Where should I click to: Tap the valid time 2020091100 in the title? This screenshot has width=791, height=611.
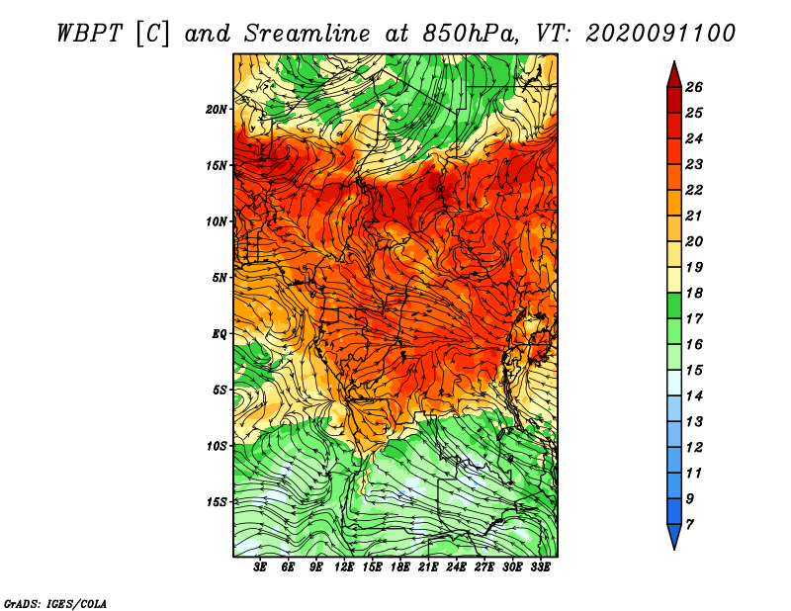[660, 33]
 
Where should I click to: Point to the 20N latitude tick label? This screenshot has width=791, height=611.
[218, 109]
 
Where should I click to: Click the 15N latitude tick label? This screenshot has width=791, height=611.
[218, 165]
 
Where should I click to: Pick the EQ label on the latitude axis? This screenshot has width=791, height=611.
[220, 333]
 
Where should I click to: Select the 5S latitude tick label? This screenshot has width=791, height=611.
[220, 390]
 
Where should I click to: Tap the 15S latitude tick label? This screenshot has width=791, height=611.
[218, 501]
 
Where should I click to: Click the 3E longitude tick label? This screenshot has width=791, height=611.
[261, 567]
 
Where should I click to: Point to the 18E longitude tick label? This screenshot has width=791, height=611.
[400, 567]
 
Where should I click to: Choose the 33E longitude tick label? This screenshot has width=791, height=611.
[541, 567]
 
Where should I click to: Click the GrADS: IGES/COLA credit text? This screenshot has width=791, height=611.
[55, 602]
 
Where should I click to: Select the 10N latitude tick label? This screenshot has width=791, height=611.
[218, 221]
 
